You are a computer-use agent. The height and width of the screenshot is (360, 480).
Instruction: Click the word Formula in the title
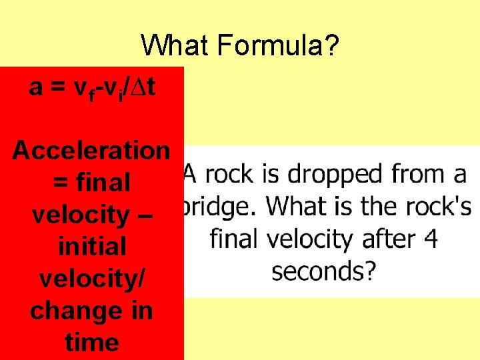[x=279, y=46]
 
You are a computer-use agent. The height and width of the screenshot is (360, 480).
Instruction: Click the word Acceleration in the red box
[x=91, y=150]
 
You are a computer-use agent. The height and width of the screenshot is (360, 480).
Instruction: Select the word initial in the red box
[x=92, y=247]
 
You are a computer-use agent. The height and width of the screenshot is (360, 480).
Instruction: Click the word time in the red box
[x=92, y=343]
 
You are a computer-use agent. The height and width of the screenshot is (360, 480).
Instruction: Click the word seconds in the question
[x=324, y=271]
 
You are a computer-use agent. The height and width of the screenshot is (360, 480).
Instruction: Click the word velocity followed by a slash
[x=92, y=279]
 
